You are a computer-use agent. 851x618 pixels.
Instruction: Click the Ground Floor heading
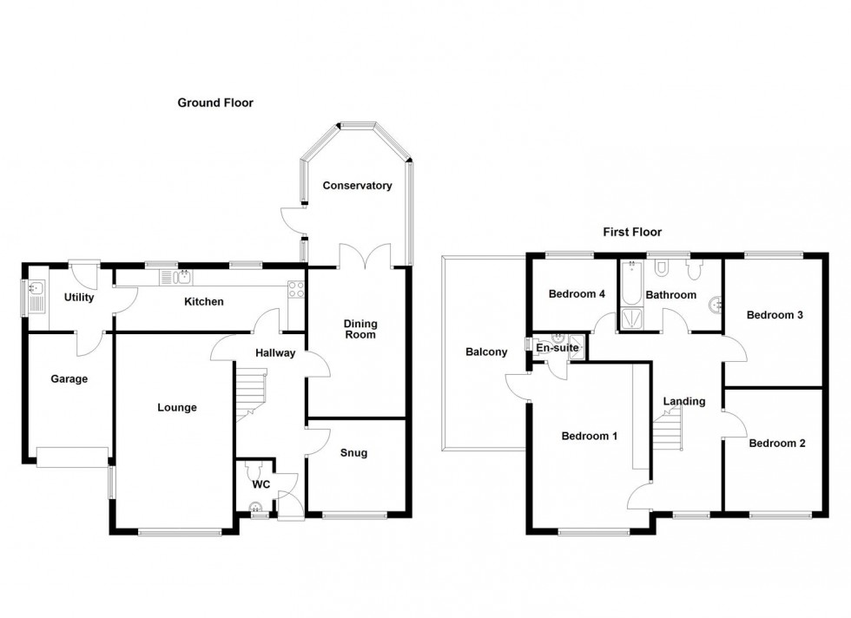[215, 102]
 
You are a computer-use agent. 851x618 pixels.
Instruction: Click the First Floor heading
[632, 232]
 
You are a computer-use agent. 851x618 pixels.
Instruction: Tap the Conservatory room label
[357, 186]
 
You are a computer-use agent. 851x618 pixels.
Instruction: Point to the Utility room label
[79, 298]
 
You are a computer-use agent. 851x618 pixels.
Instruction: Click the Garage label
[69, 379]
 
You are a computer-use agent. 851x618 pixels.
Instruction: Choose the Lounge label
[177, 407]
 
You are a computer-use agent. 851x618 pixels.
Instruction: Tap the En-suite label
[557, 348]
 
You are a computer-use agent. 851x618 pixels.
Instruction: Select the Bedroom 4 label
[577, 294]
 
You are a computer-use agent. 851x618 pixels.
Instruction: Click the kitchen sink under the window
[180, 278]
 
